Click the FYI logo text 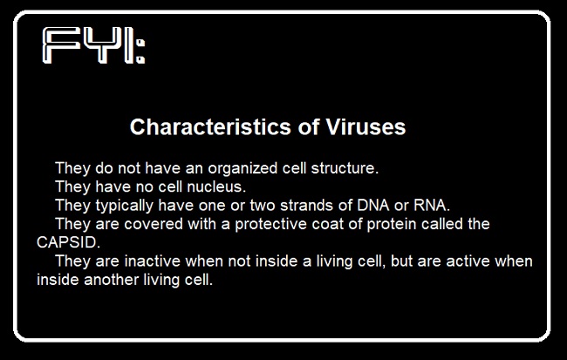[93, 46]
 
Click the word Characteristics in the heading [210, 127]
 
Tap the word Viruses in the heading [365, 127]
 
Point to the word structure [345, 168]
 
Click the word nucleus [216, 187]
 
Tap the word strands [306, 206]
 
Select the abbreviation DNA [373, 206]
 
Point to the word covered [154, 224]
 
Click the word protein [392, 225]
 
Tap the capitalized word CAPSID [68, 242]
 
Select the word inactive [153, 261]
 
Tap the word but [402, 261]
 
